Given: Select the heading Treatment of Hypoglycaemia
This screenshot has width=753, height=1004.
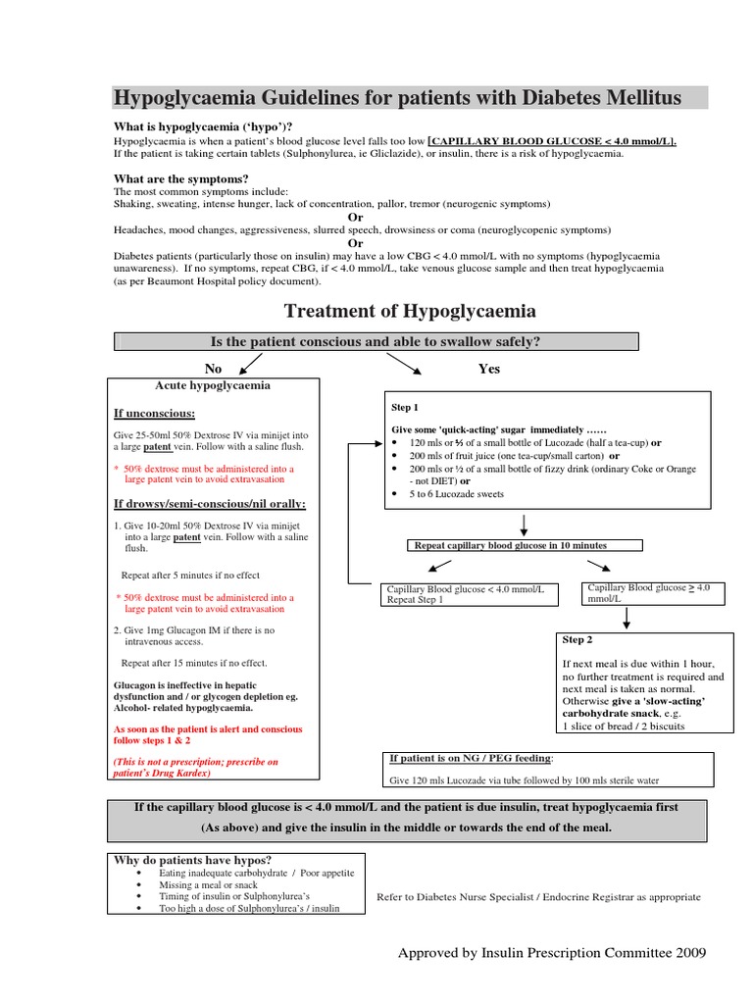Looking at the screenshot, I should pos(410,311).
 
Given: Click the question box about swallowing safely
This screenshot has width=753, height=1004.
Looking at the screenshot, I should pos(376,341).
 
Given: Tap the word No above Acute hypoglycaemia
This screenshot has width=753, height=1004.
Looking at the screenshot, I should pos(213,369).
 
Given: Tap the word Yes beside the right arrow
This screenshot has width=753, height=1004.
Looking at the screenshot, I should pos(488,369).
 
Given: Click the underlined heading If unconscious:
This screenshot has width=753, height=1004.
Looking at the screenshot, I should pos(154,413).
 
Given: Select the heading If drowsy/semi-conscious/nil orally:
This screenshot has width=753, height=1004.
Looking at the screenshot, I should pos(210,504).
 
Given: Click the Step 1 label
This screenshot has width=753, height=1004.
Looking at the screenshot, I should pos(405,407).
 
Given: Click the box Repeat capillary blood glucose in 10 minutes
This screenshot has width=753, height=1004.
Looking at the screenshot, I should pos(511,545).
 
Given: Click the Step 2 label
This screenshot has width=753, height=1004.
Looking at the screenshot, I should pos(577,639).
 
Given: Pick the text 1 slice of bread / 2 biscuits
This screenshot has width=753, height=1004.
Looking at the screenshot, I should pos(624,727).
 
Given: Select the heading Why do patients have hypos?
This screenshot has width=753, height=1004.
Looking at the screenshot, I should pos(192,860).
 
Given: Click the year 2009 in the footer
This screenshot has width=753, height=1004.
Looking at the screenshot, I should pos(685,953).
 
